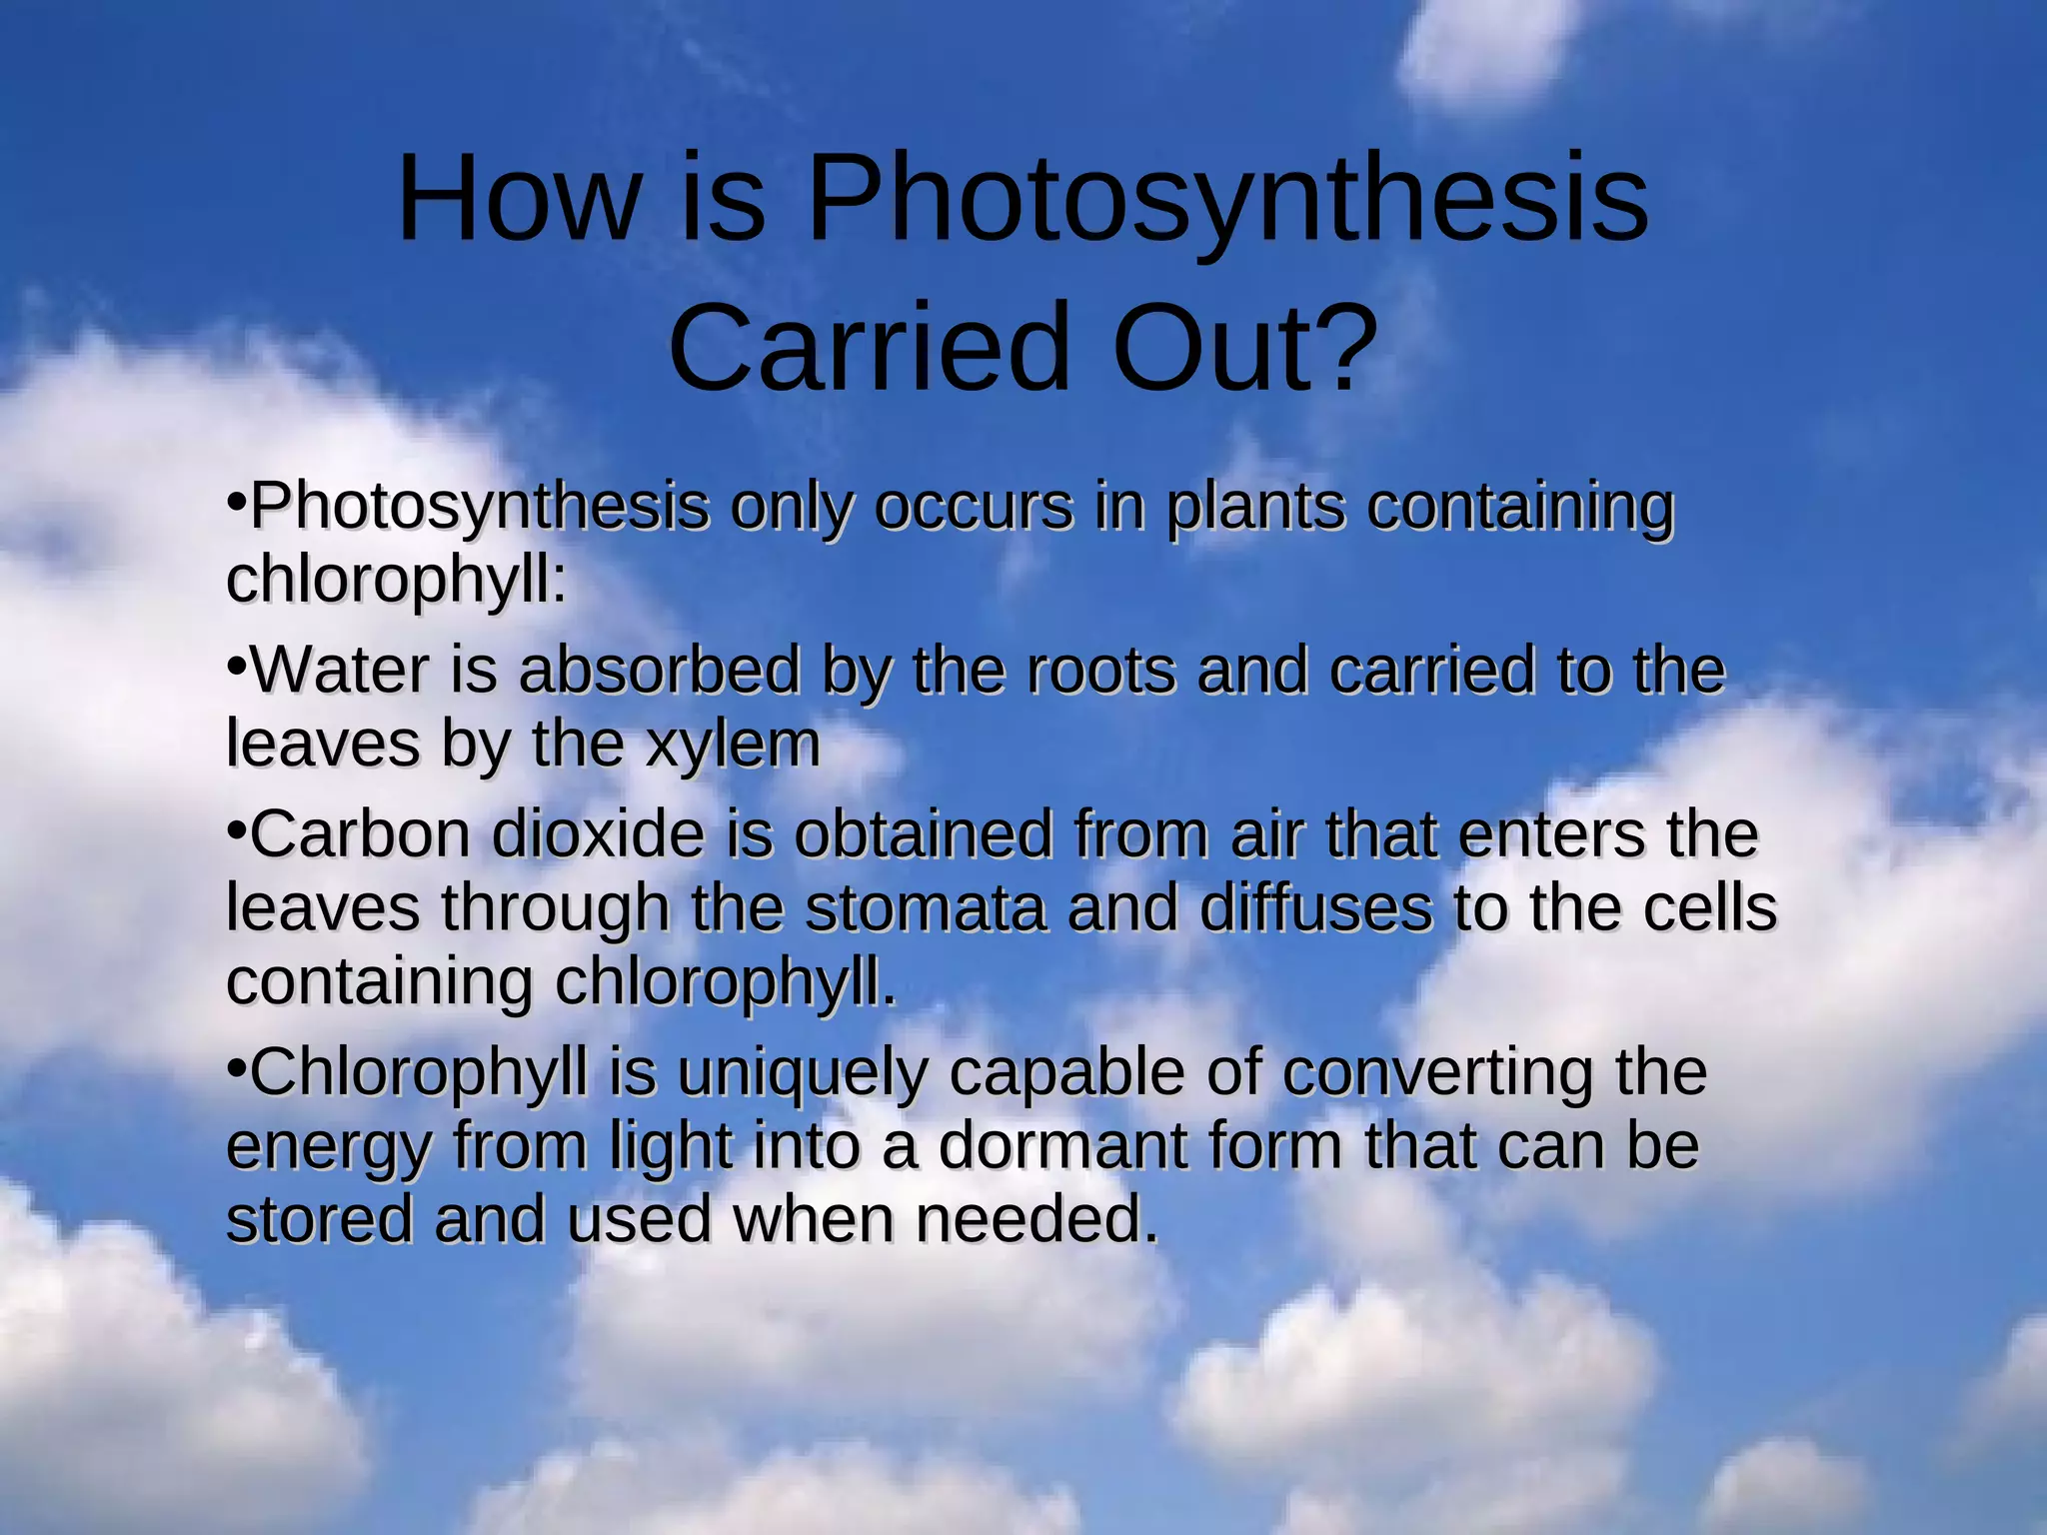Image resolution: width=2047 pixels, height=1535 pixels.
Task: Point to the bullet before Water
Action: (236, 664)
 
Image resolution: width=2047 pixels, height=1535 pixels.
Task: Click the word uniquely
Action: (801, 1074)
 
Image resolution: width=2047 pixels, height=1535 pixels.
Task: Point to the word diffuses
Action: (1315, 908)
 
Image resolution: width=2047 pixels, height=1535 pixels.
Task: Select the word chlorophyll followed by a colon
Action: (396, 580)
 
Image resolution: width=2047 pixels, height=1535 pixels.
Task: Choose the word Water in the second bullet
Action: (340, 671)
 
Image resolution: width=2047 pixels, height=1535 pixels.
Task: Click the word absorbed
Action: (660, 671)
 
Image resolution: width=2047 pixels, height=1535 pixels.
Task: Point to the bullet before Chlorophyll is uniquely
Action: (236, 1067)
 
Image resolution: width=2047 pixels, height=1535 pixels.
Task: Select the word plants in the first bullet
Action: (1255, 509)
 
